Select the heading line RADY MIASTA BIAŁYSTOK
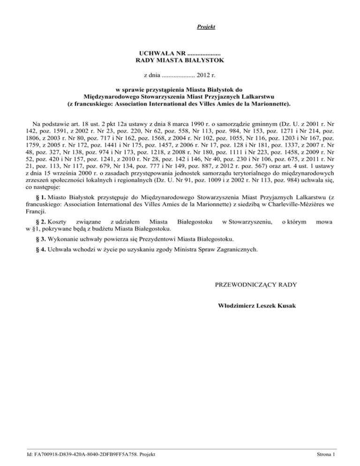point(180,60)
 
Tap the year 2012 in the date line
point(204,75)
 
